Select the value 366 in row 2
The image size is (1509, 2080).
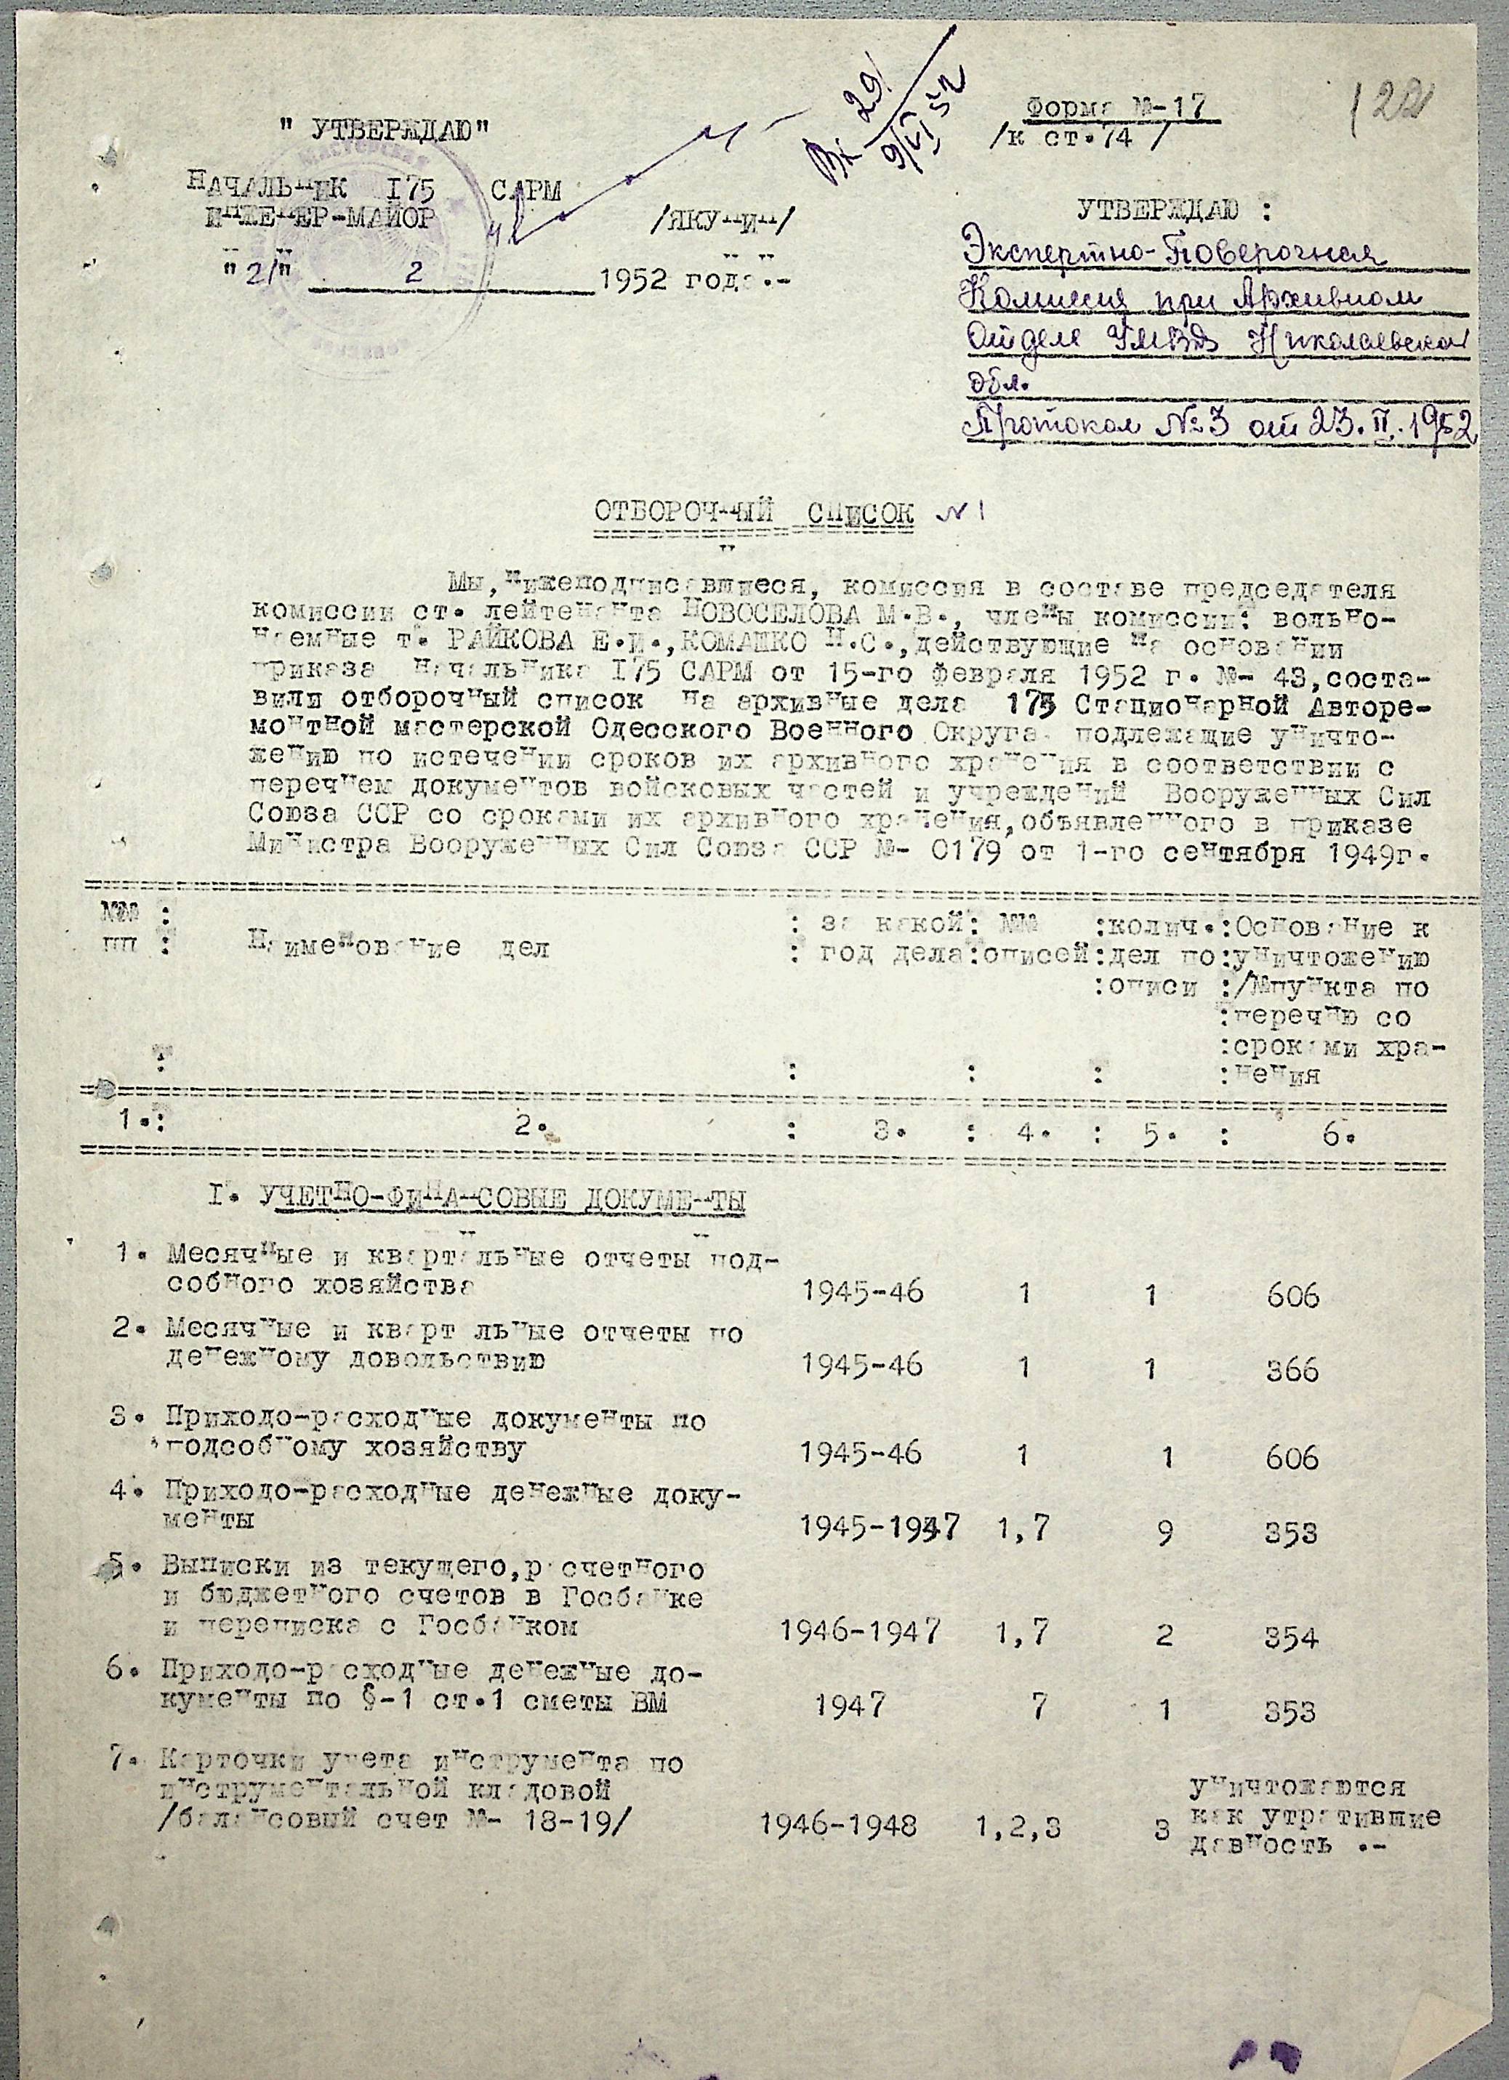pos(1292,1369)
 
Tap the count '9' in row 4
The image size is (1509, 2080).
pos(1163,1529)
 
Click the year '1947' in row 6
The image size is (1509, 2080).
pos(850,1705)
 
